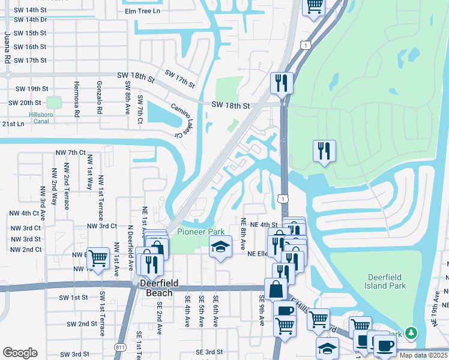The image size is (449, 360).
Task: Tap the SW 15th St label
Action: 28,33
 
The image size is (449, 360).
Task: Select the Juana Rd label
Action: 7,49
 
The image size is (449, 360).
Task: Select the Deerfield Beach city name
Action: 155,287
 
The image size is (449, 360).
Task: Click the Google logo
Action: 20,353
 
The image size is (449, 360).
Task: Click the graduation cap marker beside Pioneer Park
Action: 220,246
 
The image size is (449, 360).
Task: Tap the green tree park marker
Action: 411,332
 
